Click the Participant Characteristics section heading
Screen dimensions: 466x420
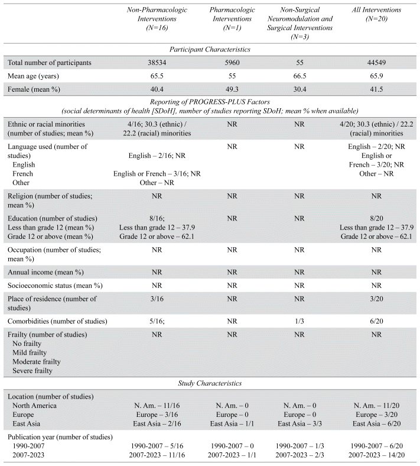click(x=210, y=49)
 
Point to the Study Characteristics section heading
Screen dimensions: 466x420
click(x=210, y=383)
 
